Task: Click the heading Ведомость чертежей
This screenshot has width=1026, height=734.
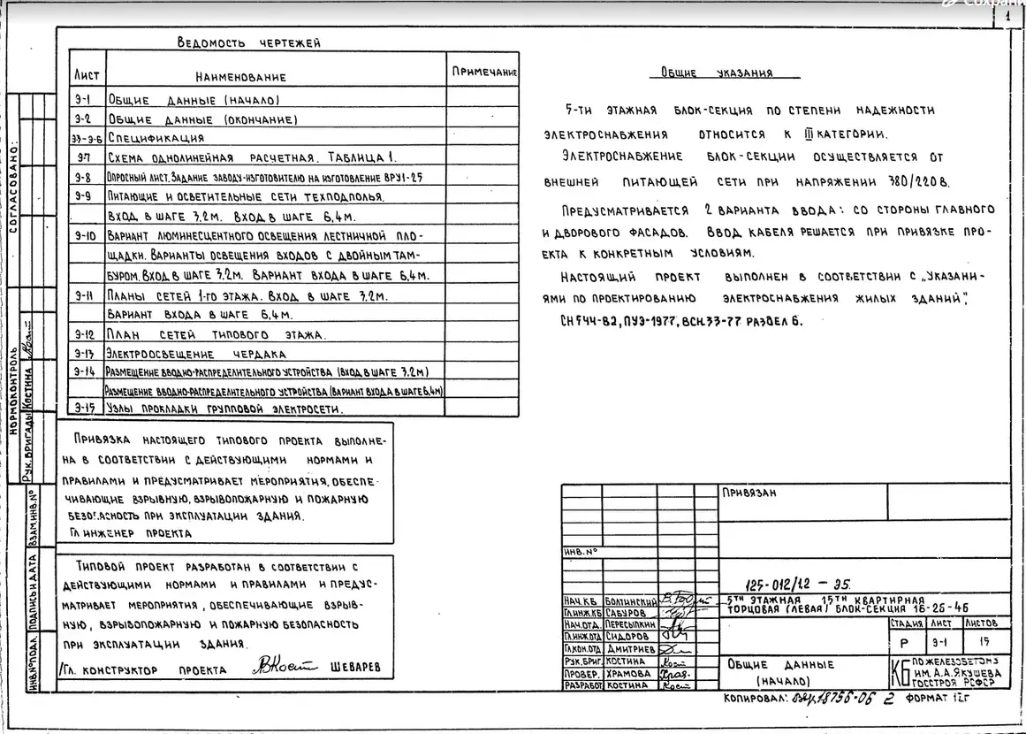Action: tap(248, 42)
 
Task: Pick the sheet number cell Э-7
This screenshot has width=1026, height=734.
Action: tap(86, 157)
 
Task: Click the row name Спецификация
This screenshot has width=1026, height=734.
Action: tap(156, 138)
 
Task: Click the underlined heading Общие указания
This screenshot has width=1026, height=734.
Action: tap(717, 73)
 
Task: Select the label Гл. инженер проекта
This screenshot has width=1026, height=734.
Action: tap(129, 533)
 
